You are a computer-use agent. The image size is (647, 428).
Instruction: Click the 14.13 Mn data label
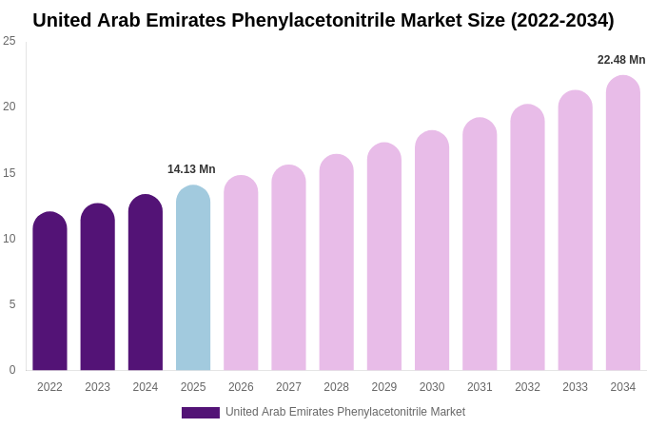191,169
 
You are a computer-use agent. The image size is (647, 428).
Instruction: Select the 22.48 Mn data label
621,60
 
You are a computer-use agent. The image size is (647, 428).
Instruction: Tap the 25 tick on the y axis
10,41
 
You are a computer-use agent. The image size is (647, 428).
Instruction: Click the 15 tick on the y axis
10,173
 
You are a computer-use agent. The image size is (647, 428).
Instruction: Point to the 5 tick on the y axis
12,304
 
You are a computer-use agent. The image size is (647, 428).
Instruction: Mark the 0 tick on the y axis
12,370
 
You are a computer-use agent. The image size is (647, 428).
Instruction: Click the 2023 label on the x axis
98,387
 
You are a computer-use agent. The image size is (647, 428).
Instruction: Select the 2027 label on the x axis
288,387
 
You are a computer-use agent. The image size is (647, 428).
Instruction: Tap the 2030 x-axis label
432,387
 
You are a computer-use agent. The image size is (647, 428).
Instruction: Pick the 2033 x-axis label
575,387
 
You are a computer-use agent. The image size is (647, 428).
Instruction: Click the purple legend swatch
201,413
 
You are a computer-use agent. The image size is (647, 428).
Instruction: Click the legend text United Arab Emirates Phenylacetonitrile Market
345,412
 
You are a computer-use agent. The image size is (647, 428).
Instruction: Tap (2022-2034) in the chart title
562,20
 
